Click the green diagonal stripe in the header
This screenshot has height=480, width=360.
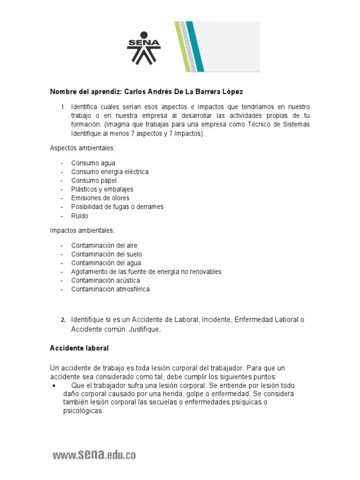point(182,47)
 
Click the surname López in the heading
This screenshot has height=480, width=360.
point(233,91)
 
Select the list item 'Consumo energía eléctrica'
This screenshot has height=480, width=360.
point(110,172)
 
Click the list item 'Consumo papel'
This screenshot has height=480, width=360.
point(94,180)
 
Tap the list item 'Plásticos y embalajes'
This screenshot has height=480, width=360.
point(102,189)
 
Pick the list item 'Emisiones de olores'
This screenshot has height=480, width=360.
point(100,198)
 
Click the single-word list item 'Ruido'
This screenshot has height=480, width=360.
point(80,216)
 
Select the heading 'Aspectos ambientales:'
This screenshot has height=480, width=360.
point(82,148)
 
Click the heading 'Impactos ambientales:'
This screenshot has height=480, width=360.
point(82,230)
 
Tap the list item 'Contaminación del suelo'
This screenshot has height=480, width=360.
point(106,254)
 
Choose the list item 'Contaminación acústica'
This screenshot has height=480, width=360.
point(105,280)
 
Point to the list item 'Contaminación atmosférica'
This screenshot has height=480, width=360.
point(110,289)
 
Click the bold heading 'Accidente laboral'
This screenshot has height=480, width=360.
point(79,348)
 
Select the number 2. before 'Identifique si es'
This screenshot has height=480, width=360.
point(63,320)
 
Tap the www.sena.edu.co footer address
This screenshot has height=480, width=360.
point(94,455)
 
